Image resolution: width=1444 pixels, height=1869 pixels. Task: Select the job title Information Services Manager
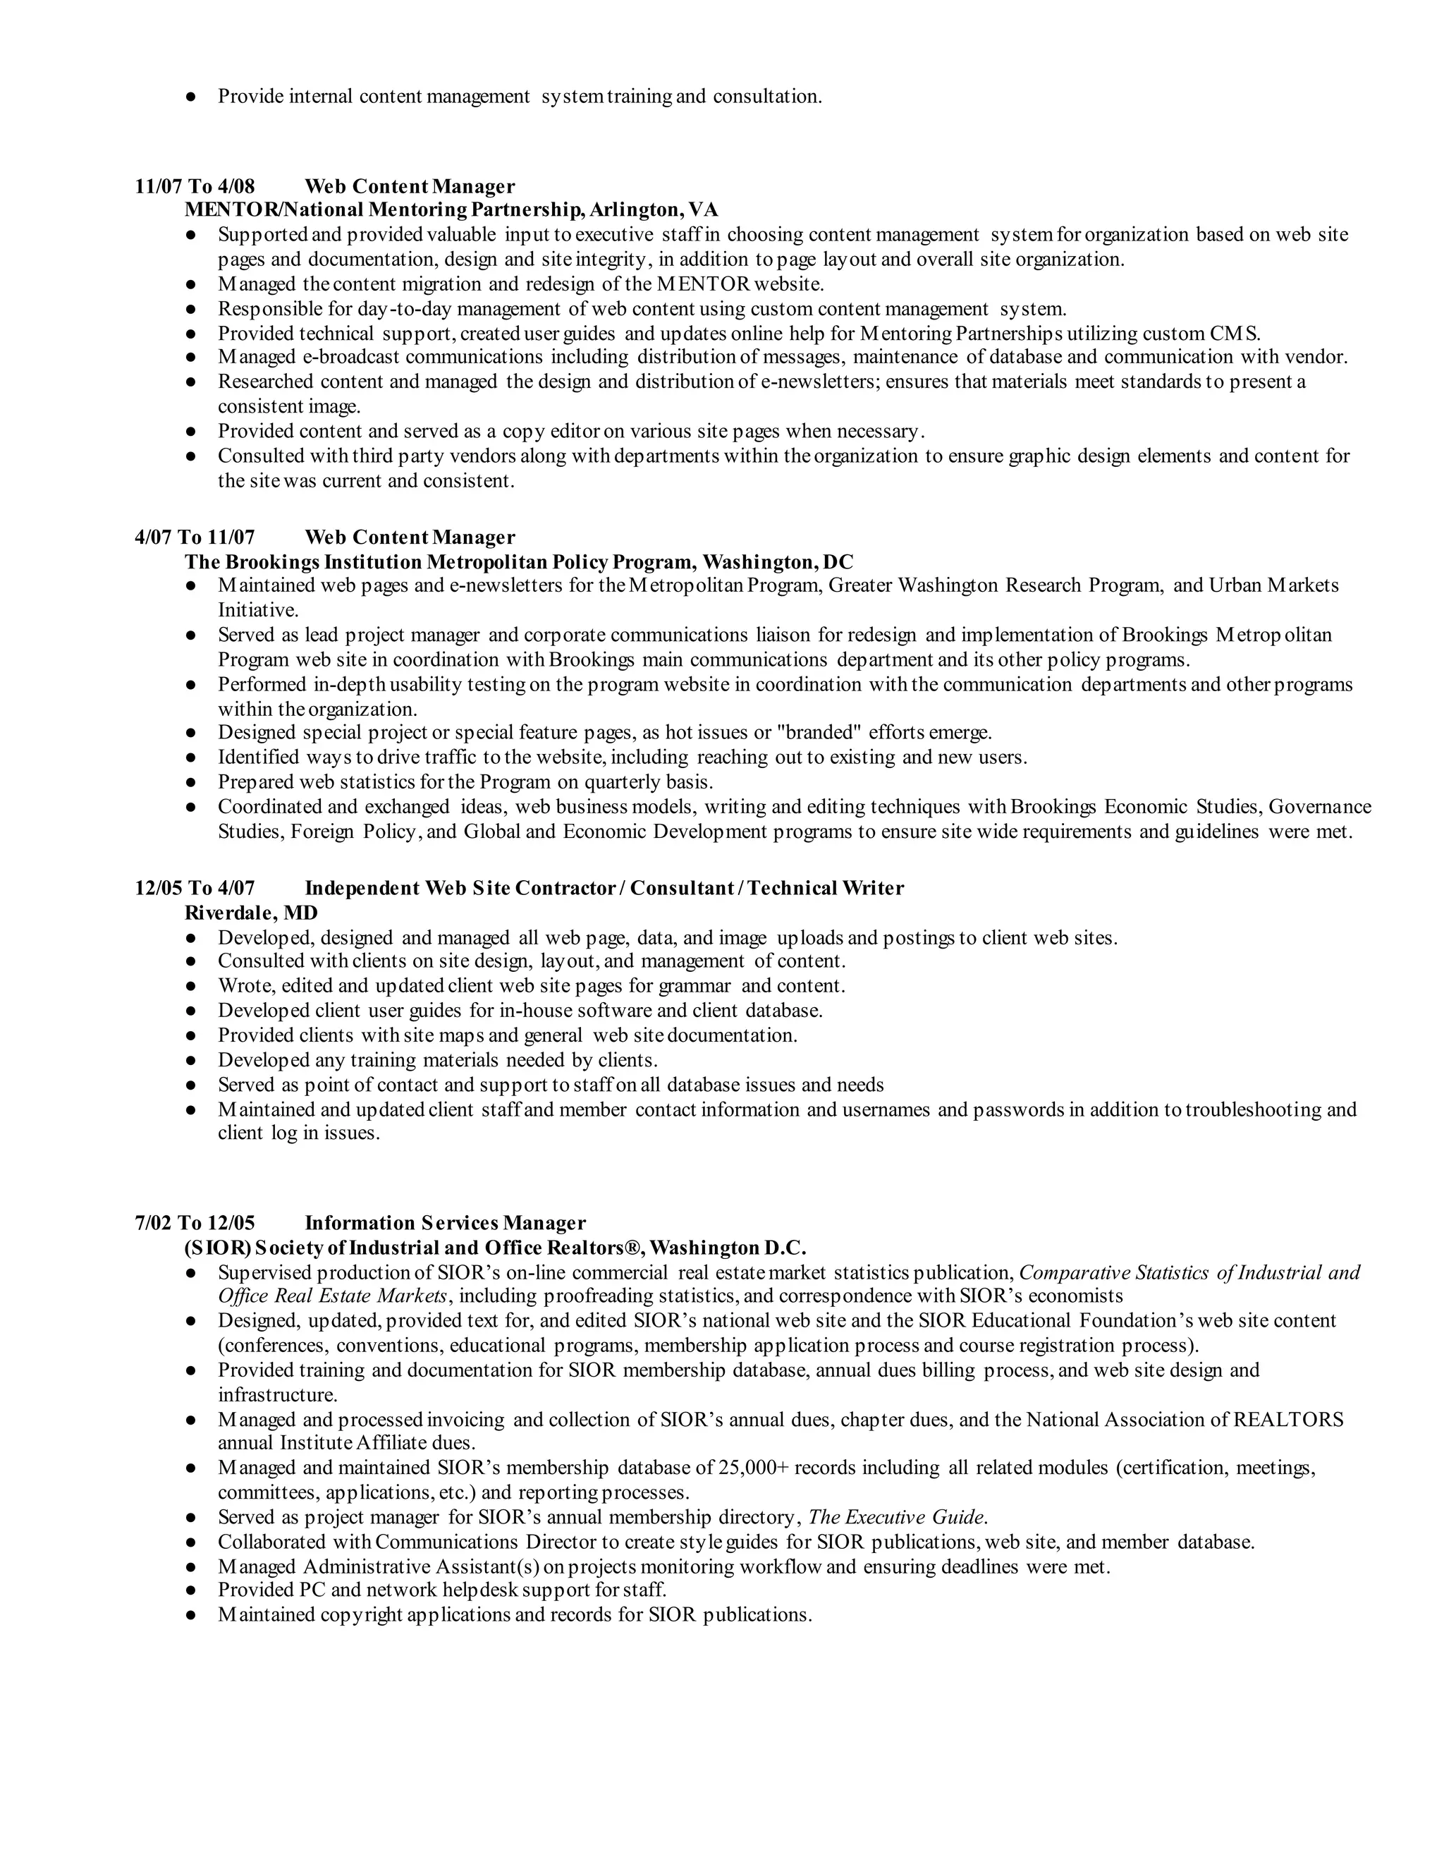(x=445, y=1223)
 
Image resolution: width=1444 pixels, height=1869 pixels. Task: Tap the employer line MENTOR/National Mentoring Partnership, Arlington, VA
(x=451, y=209)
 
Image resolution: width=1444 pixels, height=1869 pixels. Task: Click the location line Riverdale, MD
(x=250, y=913)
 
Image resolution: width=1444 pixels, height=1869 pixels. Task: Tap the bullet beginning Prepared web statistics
(x=465, y=782)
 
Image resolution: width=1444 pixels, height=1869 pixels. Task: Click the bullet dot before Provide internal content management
(x=191, y=97)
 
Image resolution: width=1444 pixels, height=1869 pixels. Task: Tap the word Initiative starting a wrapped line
(x=257, y=610)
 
